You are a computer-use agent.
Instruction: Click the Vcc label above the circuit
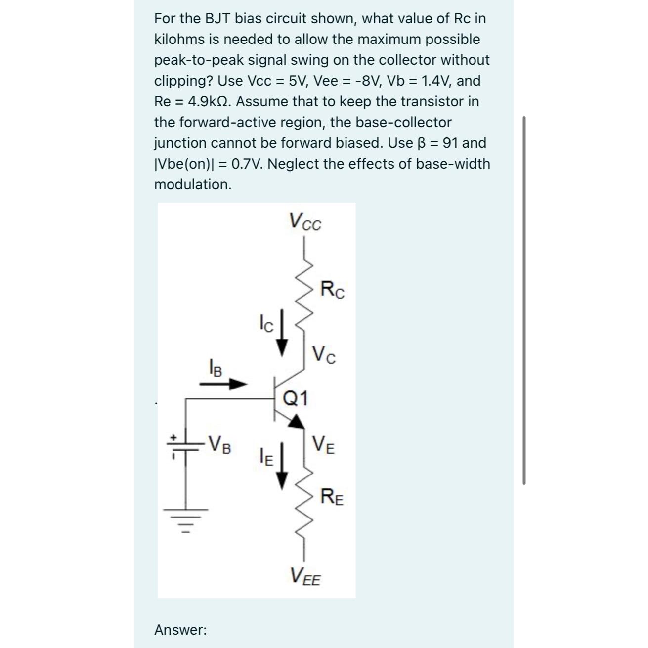coord(305,221)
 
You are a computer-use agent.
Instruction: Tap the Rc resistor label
coord(332,289)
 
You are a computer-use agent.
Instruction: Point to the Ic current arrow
coord(282,332)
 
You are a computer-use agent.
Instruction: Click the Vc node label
coord(324,354)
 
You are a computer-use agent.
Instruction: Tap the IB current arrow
coord(223,383)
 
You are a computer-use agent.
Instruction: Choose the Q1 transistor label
coord(295,398)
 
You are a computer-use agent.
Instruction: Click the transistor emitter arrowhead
coord(297,421)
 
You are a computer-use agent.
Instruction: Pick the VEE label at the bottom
coord(305,576)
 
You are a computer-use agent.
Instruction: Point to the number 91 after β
coord(449,143)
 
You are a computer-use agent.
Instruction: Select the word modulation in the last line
coord(193,184)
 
